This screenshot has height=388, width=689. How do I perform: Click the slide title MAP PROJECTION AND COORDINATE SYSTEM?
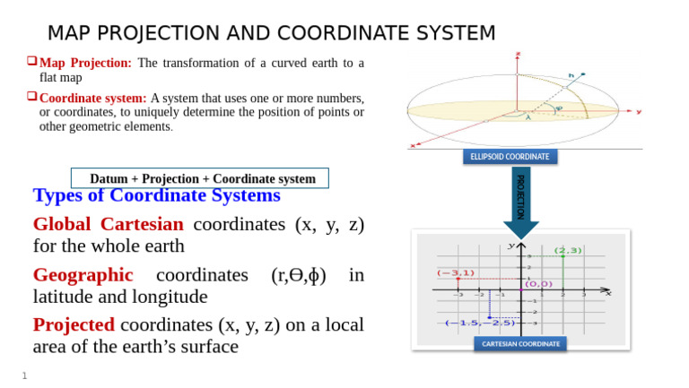271,33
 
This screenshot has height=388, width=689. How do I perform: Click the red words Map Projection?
86,64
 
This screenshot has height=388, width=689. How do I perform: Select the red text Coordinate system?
93,98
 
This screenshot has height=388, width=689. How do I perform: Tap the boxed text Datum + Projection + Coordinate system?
202,178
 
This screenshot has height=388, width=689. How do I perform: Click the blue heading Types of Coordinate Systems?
156,195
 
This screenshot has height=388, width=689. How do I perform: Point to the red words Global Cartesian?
108,224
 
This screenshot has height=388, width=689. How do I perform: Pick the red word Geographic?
83,275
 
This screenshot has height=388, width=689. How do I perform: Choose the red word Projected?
74,325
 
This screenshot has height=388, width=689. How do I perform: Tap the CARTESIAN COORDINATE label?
520,343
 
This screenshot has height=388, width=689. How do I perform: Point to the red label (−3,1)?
456,272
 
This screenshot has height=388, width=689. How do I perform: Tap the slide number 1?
25,375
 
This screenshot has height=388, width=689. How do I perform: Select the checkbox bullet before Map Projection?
32,63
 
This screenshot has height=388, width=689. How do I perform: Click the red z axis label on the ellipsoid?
518,55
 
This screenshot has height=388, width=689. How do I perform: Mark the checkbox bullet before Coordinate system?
32,97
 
